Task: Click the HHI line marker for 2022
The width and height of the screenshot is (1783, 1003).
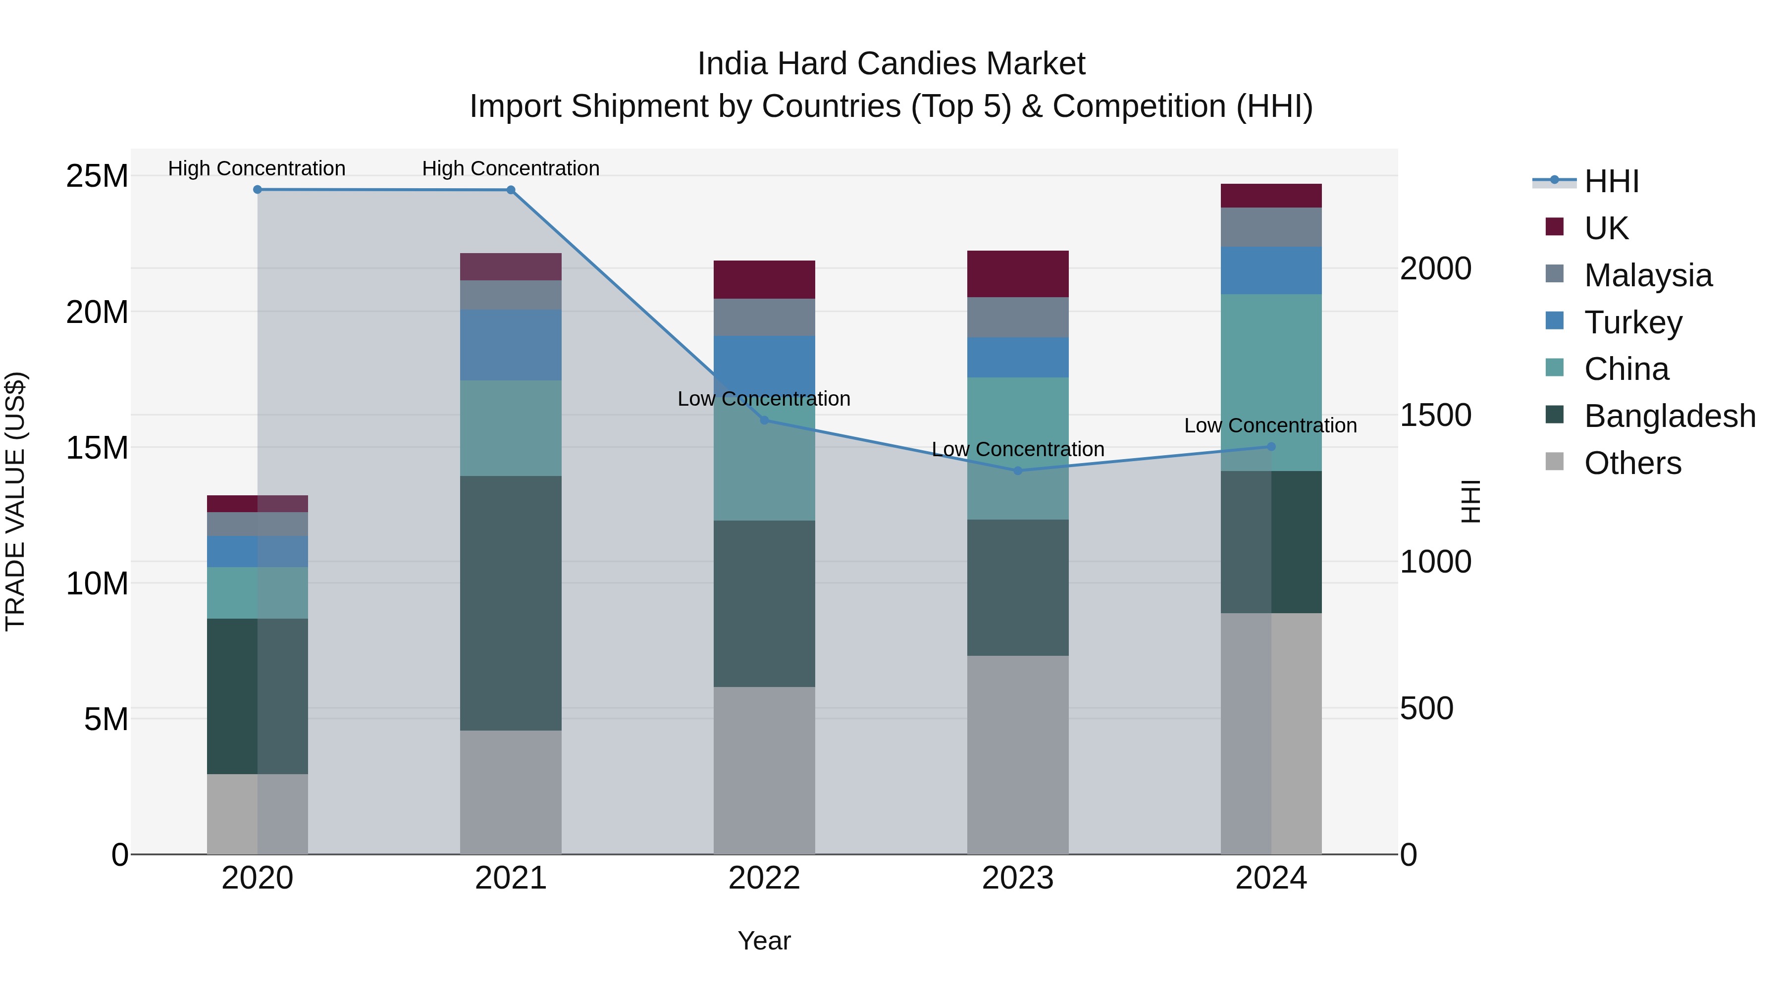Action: click(x=764, y=420)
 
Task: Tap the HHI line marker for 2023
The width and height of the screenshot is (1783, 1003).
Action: click(x=1017, y=471)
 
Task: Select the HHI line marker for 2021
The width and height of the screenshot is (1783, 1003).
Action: click(x=511, y=190)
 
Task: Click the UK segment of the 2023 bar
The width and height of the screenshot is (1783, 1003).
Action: click(x=1017, y=274)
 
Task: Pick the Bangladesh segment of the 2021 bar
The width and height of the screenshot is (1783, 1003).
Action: click(x=511, y=603)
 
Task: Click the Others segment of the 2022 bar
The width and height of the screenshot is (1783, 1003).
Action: click(x=764, y=770)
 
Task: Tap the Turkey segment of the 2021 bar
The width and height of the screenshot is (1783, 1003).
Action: click(x=511, y=345)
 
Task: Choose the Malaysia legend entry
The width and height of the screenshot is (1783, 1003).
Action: click(x=1647, y=275)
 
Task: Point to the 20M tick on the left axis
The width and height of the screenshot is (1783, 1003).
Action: click(x=97, y=312)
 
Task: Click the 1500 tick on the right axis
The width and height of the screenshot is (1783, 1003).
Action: click(x=1435, y=416)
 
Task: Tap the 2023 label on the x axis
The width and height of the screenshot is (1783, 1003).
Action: click(x=1017, y=878)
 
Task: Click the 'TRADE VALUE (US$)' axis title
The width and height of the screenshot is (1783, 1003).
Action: click(x=15, y=501)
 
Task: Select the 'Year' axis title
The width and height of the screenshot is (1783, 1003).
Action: click(x=764, y=941)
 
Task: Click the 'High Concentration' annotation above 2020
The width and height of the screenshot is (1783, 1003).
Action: click(x=257, y=168)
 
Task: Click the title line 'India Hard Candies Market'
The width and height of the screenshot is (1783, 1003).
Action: click(x=891, y=64)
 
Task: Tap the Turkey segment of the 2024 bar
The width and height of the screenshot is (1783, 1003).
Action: click(x=1271, y=270)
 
